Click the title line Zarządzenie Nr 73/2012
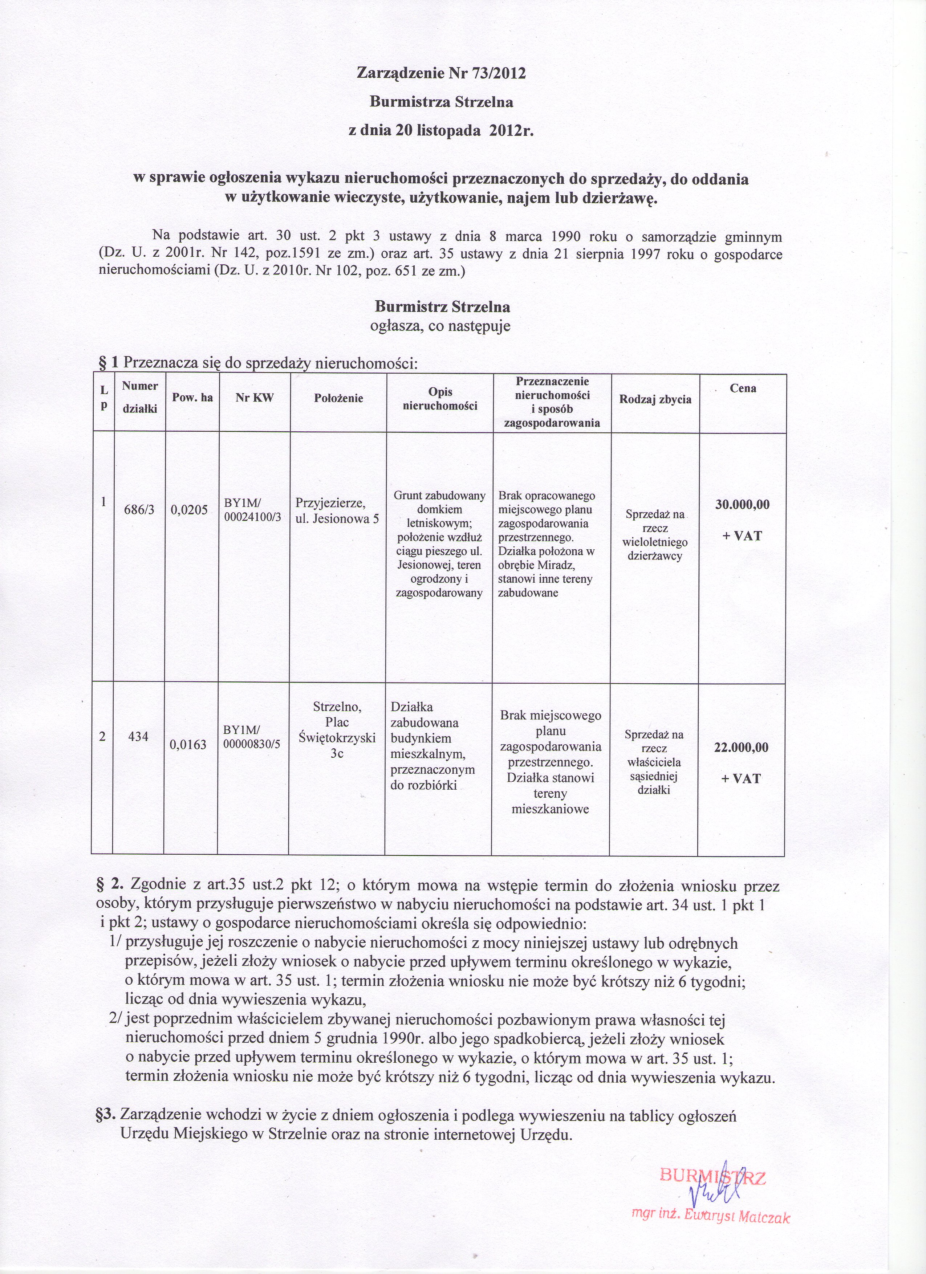tap(441, 73)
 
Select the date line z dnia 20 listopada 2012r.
tap(441, 131)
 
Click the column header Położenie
tap(338, 398)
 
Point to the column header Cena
tap(743, 388)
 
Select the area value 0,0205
tap(189, 509)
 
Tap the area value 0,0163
tap(189, 744)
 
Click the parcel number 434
tap(138, 736)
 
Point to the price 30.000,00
tap(742, 504)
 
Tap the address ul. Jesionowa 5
tap(337, 518)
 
